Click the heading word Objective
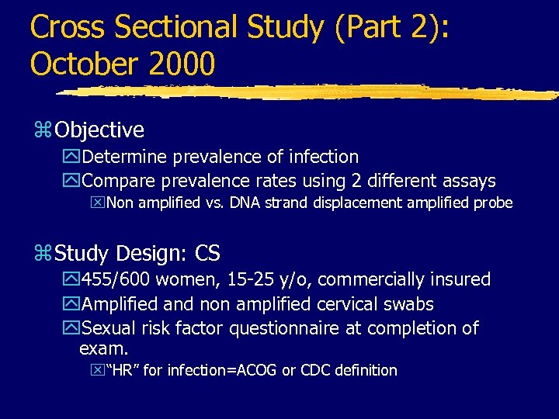coord(100,130)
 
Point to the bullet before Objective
coord(43,130)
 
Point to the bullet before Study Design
coord(43,254)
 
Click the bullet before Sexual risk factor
coord(74,329)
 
